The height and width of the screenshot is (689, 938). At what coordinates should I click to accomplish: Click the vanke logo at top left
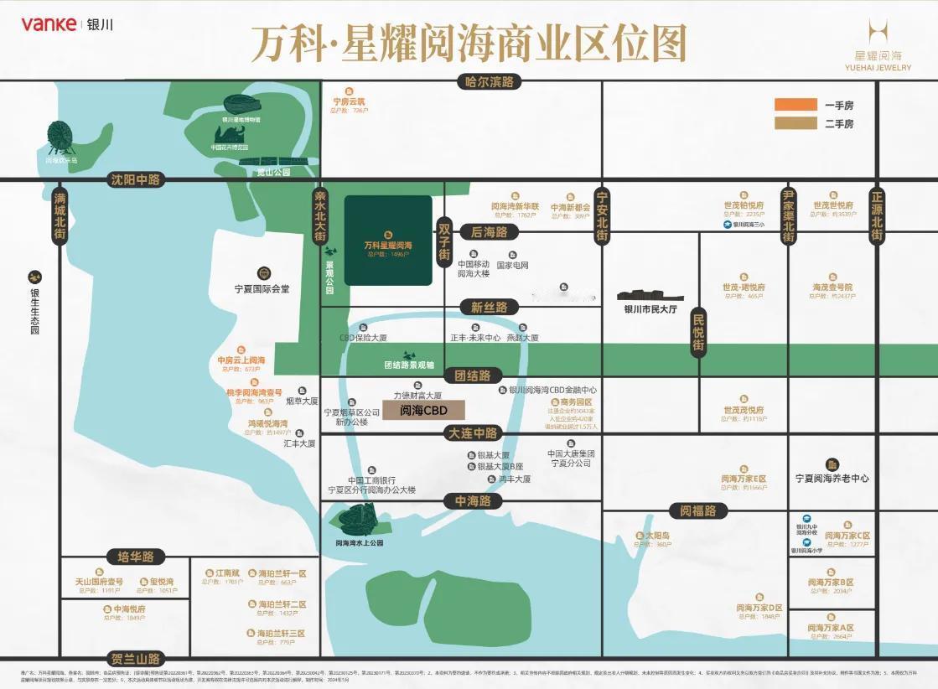(49, 23)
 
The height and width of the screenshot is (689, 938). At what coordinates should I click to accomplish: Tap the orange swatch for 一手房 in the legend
(795, 105)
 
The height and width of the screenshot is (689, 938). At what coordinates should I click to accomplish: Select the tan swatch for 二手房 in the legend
(795, 124)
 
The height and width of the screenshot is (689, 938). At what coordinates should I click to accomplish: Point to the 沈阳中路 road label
(138, 179)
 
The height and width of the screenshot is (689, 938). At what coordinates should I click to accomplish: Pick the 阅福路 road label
(698, 510)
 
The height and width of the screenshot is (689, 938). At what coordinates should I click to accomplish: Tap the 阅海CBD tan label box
(424, 411)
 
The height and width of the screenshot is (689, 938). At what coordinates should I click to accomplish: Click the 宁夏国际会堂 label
(262, 289)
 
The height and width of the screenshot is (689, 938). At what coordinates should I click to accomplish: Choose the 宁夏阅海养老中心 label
(832, 479)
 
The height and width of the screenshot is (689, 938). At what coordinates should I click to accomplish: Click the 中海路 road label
(473, 501)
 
